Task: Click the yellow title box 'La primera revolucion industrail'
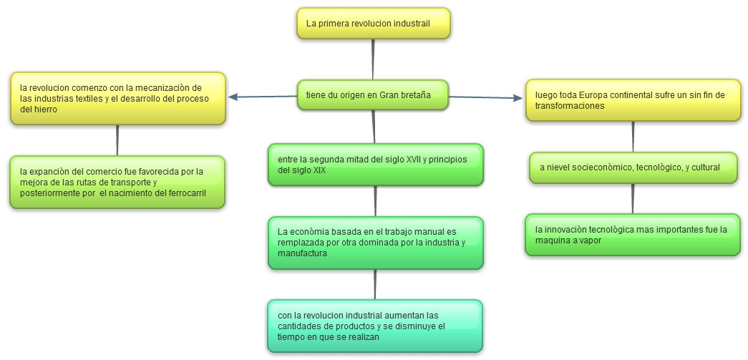point(373,24)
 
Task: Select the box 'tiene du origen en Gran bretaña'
point(373,94)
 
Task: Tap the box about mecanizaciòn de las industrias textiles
point(118,98)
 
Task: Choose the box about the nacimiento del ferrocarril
point(118,182)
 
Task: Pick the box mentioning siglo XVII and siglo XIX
point(375,165)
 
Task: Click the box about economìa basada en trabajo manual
point(375,243)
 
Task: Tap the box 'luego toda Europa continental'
point(633,99)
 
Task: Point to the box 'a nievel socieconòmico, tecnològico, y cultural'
point(633,167)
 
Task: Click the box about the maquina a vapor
point(633,235)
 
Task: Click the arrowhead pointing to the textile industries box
point(232,98)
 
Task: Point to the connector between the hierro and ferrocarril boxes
point(117,140)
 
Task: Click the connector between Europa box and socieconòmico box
point(633,137)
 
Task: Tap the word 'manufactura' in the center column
point(303,253)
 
